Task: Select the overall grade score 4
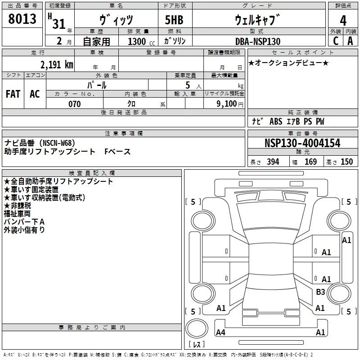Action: pyautogui.click(x=343, y=21)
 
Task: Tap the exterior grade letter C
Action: pyautogui.click(x=335, y=41)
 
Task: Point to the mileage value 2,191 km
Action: pyautogui.click(x=57, y=64)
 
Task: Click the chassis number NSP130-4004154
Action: pyautogui.click(x=302, y=144)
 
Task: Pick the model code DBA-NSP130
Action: pyautogui.click(x=258, y=41)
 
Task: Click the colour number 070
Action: pyautogui.click(x=74, y=104)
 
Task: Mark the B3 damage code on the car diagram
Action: pyautogui.click(x=320, y=292)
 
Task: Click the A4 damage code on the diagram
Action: pyautogui.click(x=220, y=333)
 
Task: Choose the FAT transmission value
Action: pyautogui.click(x=13, y=94)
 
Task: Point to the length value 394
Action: pyautogui.click(x=273, y=162)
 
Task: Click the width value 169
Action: pyautogui.click(x=310, y=162)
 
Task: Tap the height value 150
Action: pyautogui.click(x=346, y=162)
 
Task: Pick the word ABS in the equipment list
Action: pyautogui.click(x=276, y=121)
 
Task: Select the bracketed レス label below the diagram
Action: pyautogui.click(x=197, y=345)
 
